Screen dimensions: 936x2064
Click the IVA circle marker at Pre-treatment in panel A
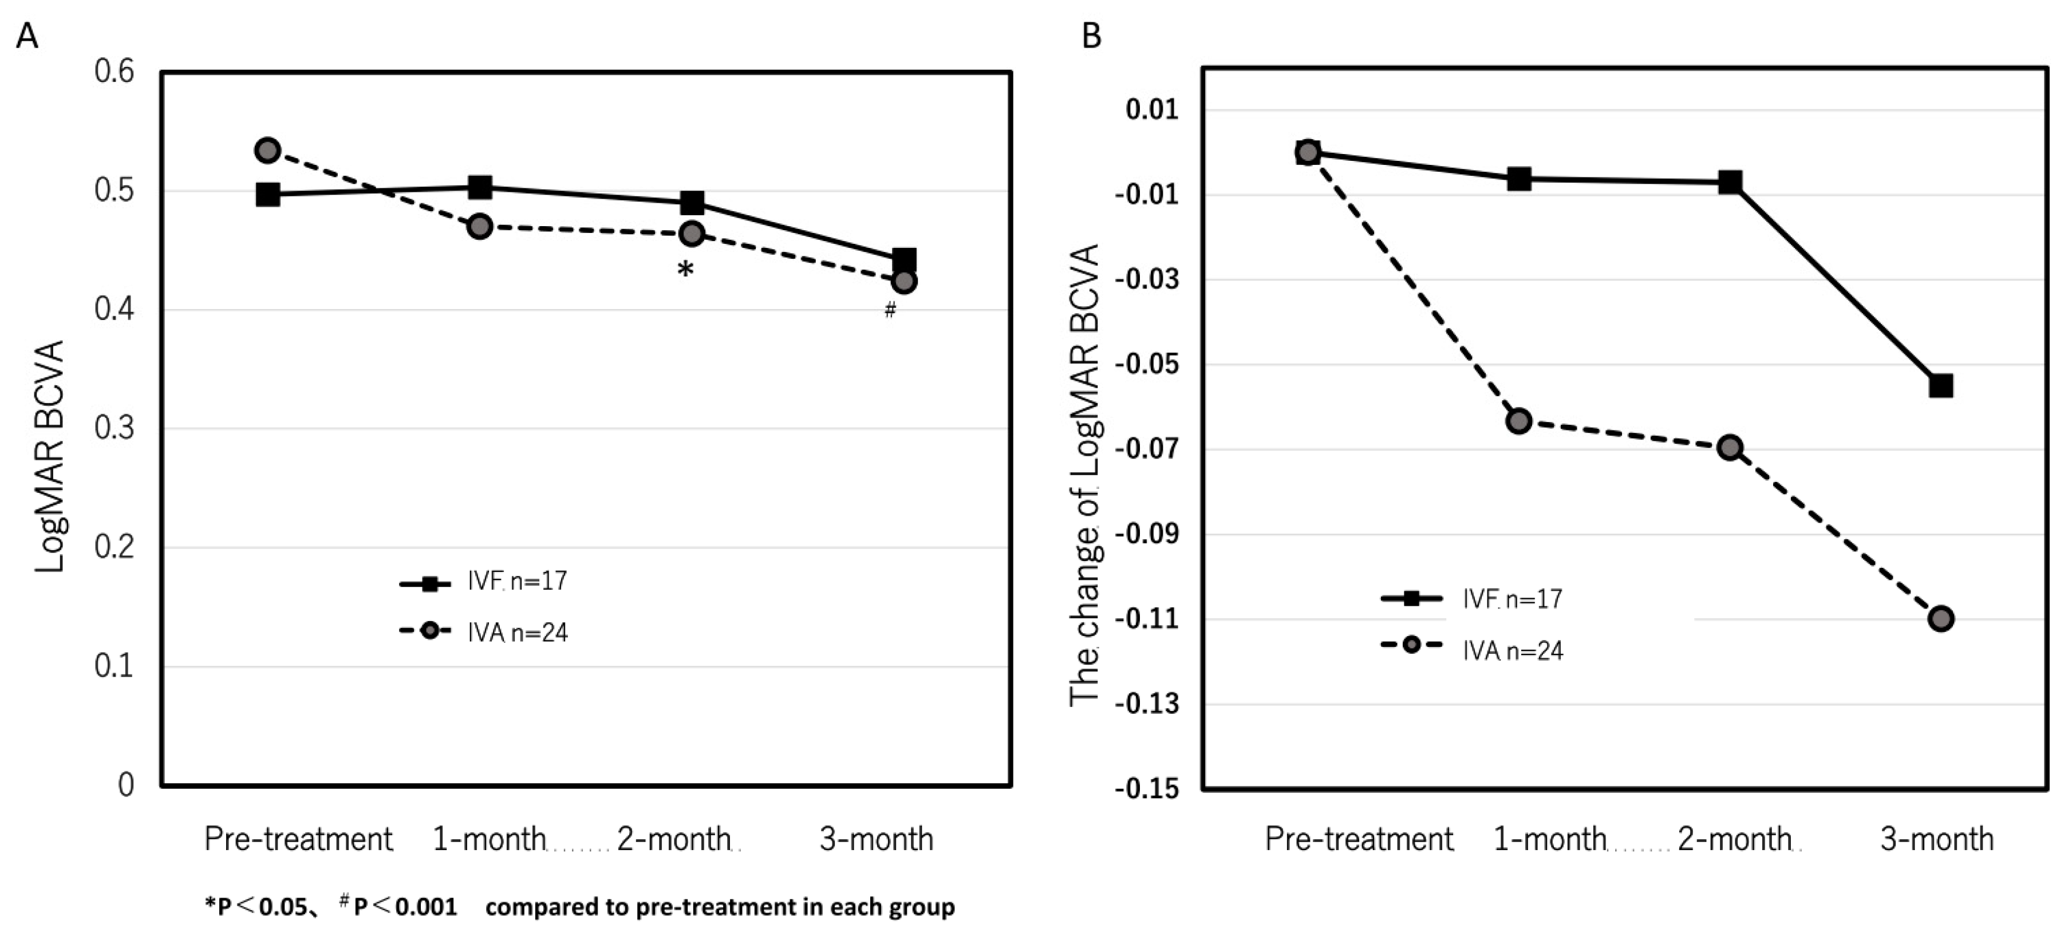pyautogui.click(x=267, y=150)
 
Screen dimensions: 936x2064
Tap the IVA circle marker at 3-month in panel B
pyautogui.click(x=1940, y=619)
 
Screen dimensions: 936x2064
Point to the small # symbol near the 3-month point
pyautogui.click(x=889, y=310)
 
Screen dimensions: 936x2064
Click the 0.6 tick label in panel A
pyautogui.click(x=114, y=72)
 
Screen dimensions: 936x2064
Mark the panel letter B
pyautogui.click(x=1091, y=36)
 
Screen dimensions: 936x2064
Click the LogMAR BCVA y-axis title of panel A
pyautogui.click(x=50, y=457)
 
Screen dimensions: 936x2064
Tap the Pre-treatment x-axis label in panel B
pyautogui.click(x=1358, y=839)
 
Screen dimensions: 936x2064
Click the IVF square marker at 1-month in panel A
pyautogui.click(x=479, y=188)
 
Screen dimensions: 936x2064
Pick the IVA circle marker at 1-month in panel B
pyautogui.click(x=1518, y=421)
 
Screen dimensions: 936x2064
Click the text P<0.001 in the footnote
pyautogui.click(x=405, y=906)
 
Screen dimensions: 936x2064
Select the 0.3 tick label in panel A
pyautogui.click(x=114, y=428)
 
